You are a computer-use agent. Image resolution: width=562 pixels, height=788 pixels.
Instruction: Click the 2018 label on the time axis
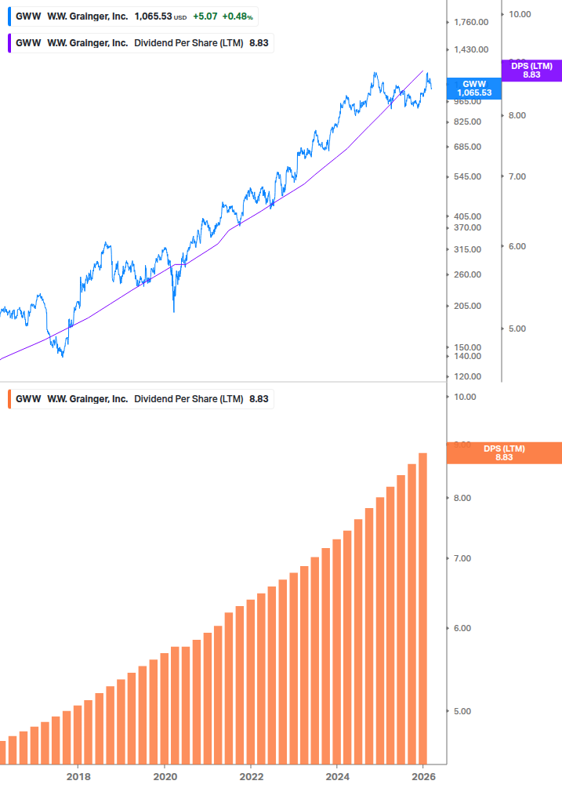78,776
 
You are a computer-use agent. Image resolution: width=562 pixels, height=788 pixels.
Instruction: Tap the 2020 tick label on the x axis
165,776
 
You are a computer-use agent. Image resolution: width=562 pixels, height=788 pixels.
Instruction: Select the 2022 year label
251,776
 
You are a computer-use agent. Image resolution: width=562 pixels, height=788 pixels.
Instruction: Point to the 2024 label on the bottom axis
337,776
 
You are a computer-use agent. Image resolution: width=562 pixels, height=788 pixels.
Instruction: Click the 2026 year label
423,776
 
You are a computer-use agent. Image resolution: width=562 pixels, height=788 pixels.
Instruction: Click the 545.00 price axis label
468,176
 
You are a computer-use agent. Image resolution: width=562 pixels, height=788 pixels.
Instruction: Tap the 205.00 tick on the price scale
468,306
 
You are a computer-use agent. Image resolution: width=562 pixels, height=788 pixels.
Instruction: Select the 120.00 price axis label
468,376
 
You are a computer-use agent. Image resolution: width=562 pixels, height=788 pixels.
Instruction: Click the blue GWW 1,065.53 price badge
474,88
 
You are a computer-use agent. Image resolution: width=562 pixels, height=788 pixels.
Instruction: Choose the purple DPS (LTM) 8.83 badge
531,71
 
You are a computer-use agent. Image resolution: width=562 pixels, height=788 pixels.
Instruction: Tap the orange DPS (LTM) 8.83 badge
504,452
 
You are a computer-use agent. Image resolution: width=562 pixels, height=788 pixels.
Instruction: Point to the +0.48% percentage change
237,16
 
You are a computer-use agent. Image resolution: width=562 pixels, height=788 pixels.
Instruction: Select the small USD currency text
180,16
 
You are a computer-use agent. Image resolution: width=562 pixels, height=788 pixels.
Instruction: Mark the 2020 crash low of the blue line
173,311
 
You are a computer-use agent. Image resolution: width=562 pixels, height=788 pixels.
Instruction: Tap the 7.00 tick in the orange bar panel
466,558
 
